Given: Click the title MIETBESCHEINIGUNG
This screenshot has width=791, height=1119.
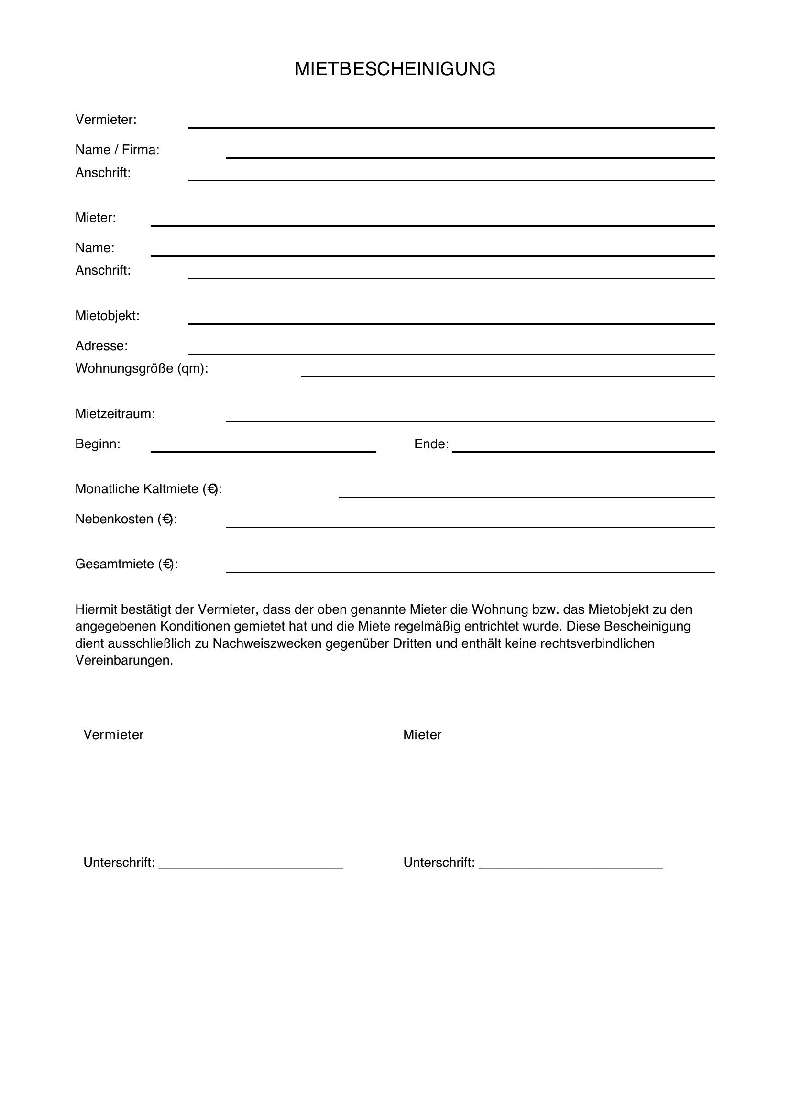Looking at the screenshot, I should pos(395,69).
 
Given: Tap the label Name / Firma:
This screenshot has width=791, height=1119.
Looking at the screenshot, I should pos(117,150).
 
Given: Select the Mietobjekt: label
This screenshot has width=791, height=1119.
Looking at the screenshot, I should pos(107,316).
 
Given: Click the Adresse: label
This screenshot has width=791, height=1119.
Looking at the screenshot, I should pos(101,346).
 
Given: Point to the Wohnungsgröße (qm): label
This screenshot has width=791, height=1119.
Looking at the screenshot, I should pos(141,368).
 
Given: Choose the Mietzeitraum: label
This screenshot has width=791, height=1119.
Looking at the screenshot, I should pos(115,414).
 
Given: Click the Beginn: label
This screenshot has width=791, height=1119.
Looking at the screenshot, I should pos(98,444).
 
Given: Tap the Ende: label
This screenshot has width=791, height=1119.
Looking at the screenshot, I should pos(431,444).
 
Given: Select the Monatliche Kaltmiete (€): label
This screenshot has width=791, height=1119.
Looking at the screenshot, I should pos(149,489).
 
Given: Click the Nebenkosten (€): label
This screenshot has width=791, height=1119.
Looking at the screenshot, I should pos(126,519).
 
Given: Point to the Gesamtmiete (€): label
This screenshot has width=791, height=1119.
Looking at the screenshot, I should pos(126,564).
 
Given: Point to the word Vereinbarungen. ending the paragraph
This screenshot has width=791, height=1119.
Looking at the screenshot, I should pos(124,660).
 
